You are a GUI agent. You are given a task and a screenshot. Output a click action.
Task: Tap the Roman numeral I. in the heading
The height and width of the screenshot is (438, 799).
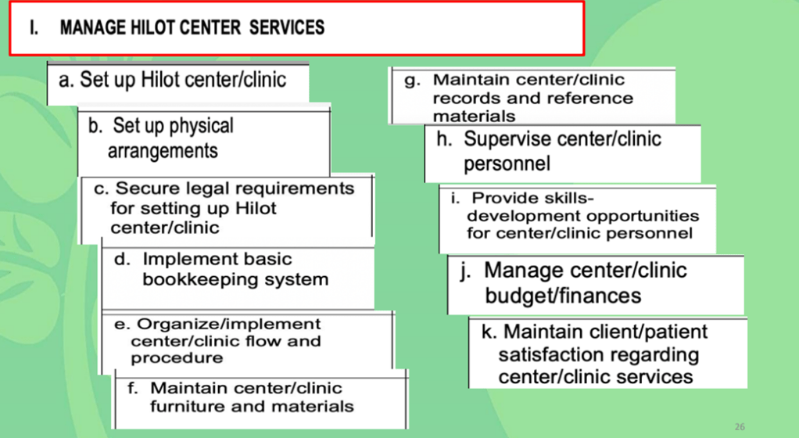(34, 27)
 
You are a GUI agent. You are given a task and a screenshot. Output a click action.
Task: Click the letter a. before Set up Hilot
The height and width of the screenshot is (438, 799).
(66, 80)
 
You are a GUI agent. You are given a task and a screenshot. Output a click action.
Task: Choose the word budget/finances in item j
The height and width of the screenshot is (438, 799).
(563, 296)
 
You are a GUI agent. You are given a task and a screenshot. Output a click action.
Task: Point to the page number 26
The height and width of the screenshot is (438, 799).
(740, 427)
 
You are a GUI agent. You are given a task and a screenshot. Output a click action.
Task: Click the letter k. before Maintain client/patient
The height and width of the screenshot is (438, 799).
(489, 332)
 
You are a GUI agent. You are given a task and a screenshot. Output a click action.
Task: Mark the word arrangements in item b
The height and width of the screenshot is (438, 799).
(163, 150)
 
